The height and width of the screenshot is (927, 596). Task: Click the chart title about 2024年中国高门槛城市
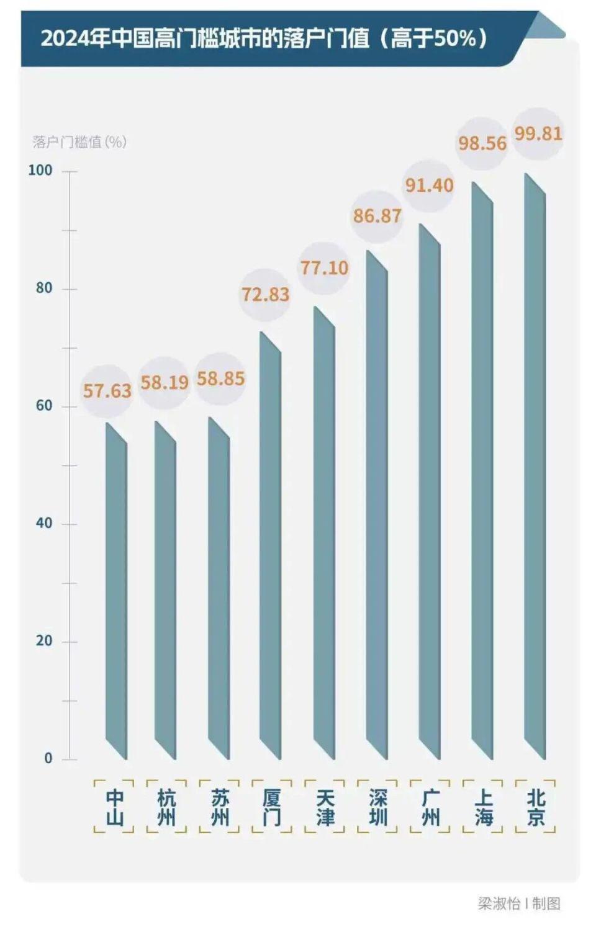(264, 38)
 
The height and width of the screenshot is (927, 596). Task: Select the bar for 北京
(535, 465)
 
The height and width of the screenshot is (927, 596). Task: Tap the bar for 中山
(116, 589)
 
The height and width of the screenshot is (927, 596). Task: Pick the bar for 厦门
(271, 546)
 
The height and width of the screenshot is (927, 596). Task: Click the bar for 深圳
(377, 506)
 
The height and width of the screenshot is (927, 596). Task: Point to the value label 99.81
(538, 133)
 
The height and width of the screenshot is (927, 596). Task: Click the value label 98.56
(482, 143)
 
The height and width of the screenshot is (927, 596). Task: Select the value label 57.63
(107, 391)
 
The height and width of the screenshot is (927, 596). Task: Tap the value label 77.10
(324, 268)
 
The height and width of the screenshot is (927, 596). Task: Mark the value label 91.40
(429, 185)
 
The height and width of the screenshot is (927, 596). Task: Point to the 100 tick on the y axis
(40, 170)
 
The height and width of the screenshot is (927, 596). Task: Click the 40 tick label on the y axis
(44, 523)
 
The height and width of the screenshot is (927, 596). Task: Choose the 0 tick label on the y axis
(48, 758)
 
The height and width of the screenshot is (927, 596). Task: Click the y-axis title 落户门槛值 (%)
(79, 142)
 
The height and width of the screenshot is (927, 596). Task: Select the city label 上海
(484, 807)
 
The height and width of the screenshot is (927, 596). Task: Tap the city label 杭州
(166, 807)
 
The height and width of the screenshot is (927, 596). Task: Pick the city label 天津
(325, 807)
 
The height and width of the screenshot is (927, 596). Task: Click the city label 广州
(431, 807)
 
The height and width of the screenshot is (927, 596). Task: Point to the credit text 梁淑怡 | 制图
(519, 903)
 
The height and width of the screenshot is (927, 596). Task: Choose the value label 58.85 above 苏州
(220, 378)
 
